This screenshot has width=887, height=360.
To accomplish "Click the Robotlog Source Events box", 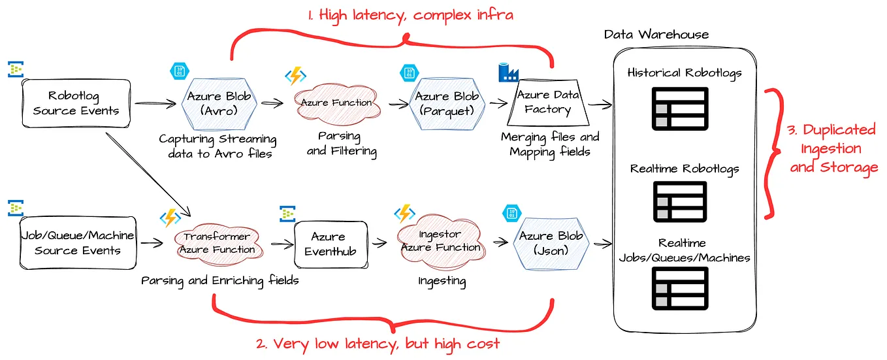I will [76, 104].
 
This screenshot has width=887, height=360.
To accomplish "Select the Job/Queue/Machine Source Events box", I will [78, 243].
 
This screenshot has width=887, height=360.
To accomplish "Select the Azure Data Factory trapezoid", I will [547, 103].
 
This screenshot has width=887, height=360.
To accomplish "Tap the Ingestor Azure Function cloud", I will [440, 241].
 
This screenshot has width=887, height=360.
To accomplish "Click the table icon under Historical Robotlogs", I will [680, 108].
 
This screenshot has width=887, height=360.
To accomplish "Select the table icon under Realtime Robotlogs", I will [680, 202].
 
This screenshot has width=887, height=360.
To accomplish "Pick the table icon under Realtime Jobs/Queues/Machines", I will [680, 288].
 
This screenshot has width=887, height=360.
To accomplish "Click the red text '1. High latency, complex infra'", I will [401, 14].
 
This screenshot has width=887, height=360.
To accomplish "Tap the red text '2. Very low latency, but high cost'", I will [378, 344].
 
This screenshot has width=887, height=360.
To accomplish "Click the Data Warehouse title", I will [656, 34].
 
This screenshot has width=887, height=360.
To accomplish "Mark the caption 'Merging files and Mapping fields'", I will [549, 144].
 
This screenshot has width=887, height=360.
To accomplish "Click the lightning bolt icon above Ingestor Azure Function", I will [404, 214].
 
